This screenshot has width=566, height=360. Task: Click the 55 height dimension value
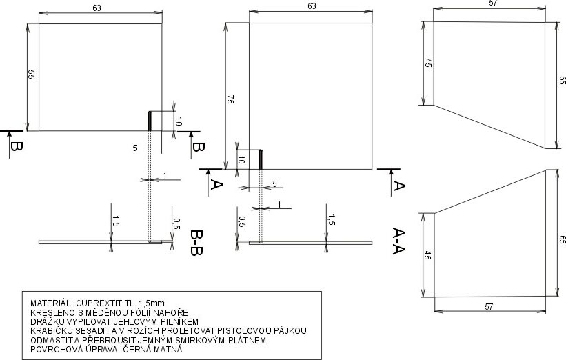coord(30,75)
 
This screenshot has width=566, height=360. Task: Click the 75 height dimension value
coord(229,99)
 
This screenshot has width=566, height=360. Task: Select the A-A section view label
coord(398,242)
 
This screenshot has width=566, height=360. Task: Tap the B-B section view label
coord(196,242)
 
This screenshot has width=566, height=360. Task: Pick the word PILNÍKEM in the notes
coord(177,321)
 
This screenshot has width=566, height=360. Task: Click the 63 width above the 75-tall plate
coord(312,6)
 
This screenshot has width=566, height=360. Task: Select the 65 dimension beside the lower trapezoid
coord(562,240)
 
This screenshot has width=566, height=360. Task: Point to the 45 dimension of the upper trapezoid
coord(427,63)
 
